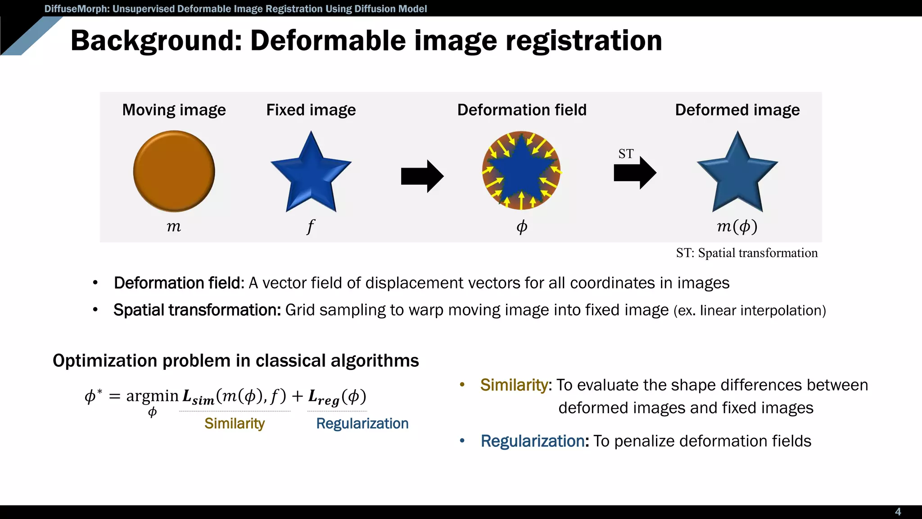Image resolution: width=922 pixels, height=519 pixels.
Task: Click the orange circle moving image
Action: coord(174,171)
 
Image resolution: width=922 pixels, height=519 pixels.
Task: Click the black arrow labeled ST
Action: coord(635,173)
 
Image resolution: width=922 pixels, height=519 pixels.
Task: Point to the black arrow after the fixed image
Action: coord(422,176)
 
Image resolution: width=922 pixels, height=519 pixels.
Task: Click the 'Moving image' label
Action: coord(174,110)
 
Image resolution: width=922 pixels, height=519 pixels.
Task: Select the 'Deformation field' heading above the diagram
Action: coord(522,110)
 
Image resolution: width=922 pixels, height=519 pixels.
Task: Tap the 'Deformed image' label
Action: coord(737,110)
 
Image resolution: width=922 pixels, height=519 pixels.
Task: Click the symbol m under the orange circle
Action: coord(174,226)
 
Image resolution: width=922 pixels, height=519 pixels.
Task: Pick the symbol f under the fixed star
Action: coord(311,226)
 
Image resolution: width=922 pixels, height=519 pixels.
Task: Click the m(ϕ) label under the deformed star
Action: coord(737,226)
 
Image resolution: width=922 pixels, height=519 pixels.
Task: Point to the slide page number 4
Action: coord(898,512)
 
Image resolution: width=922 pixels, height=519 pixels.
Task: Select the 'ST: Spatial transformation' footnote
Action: coord(746,253)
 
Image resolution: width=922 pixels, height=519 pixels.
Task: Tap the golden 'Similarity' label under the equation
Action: coord(234,423)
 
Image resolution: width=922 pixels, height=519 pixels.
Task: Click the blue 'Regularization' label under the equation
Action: coord(362,423)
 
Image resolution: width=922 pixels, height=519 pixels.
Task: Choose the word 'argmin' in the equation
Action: coord(152,396)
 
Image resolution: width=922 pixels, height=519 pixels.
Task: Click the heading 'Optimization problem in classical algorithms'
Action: coord(235,361)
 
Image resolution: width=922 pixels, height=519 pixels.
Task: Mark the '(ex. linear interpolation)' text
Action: coord(750,310)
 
